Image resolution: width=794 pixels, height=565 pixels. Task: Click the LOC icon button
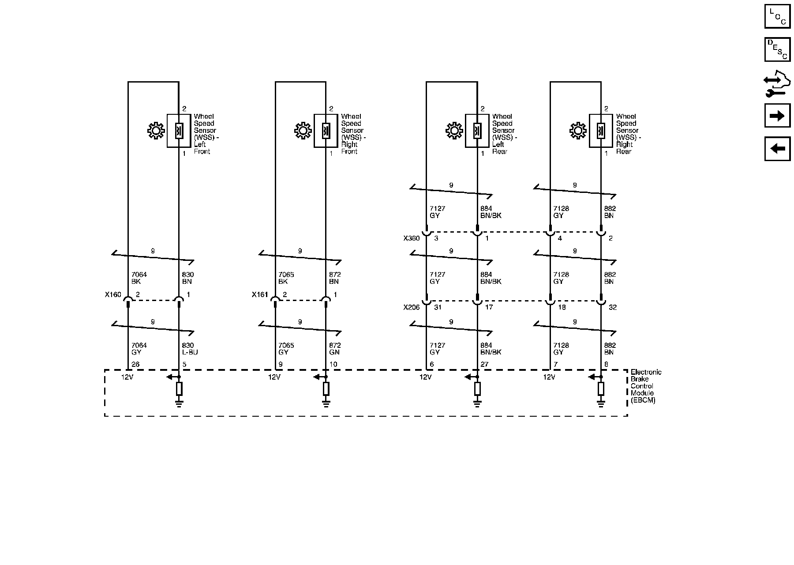[777, 16]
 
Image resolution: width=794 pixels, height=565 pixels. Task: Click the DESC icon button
[777, 49]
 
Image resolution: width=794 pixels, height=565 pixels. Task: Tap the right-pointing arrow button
[777, 116]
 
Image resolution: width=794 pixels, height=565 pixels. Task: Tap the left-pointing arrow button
[777, 149]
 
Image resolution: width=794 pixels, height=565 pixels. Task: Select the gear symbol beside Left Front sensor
[155, 131]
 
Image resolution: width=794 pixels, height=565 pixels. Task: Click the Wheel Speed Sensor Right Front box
[326, 131]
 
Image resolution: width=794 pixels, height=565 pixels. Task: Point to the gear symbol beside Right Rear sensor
[578, 131]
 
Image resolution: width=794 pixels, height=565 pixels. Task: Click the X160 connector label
[113, 294]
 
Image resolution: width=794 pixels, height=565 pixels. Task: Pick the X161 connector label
[260, 294]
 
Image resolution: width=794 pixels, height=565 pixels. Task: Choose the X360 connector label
[412, 238]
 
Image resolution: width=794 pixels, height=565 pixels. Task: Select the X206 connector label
[412, 307]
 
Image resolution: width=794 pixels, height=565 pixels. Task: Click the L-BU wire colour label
[190, 352]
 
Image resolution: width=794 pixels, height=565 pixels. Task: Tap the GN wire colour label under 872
[334, 352]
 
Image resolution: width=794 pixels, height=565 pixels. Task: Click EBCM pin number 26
[135, 365]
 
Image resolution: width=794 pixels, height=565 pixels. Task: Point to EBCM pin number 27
[485, 365]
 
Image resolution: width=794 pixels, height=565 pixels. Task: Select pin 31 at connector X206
[438, 307]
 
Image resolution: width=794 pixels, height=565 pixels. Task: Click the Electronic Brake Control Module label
[645, 386]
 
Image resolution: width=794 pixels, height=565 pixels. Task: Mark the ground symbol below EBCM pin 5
[179, 403]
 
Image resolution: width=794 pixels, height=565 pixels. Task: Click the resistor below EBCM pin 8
[601, 389]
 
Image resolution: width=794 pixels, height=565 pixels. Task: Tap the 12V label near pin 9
[274, 377]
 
